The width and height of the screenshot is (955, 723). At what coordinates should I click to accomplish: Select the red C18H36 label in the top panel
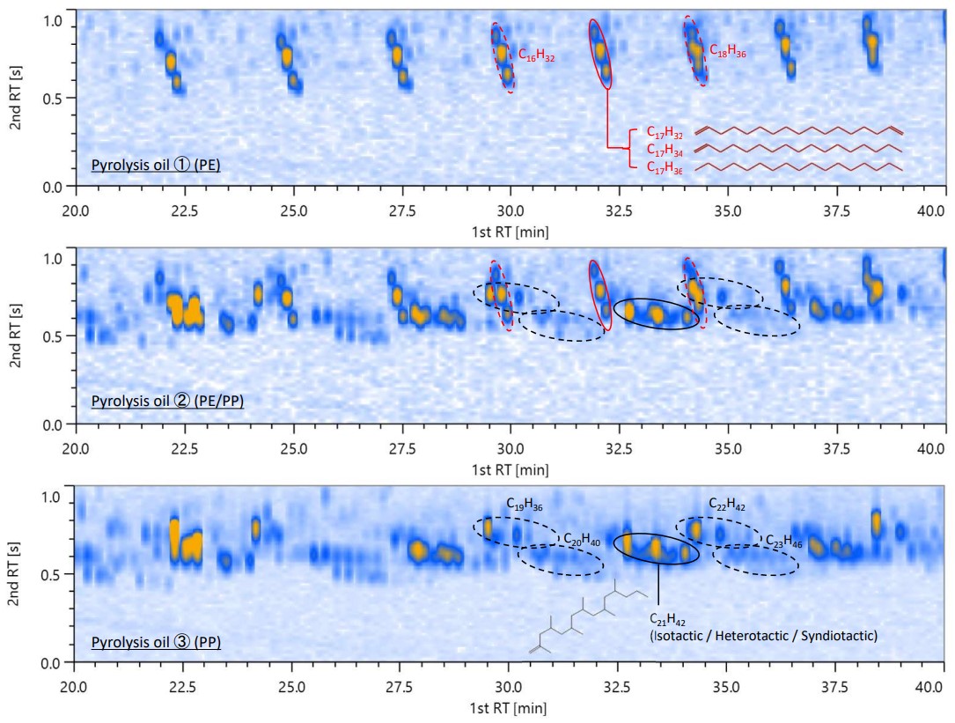pos(728,52)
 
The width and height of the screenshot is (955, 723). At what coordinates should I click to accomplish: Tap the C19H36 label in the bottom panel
pos(524,504)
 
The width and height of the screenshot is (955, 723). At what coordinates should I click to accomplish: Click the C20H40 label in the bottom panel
pos(582,538)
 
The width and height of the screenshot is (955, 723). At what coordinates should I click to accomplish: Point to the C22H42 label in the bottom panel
pos(728,504)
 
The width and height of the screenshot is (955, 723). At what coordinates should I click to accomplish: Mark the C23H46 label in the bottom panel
pos(783,538)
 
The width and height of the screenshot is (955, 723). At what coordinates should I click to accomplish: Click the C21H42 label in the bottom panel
pos(668,620)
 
